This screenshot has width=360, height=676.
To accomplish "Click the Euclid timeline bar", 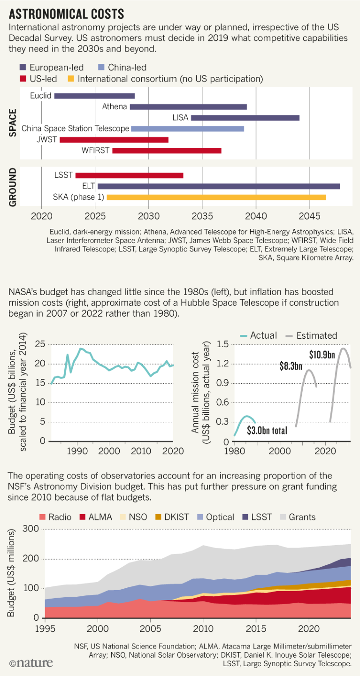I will tap(94, 96).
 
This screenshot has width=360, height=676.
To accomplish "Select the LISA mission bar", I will tap(245, 118).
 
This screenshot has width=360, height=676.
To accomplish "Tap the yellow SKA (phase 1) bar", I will tap(216, 197).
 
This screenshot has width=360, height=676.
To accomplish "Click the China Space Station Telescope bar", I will tap(187, 129).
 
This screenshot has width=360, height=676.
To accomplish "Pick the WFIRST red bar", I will tap(167, 151).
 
